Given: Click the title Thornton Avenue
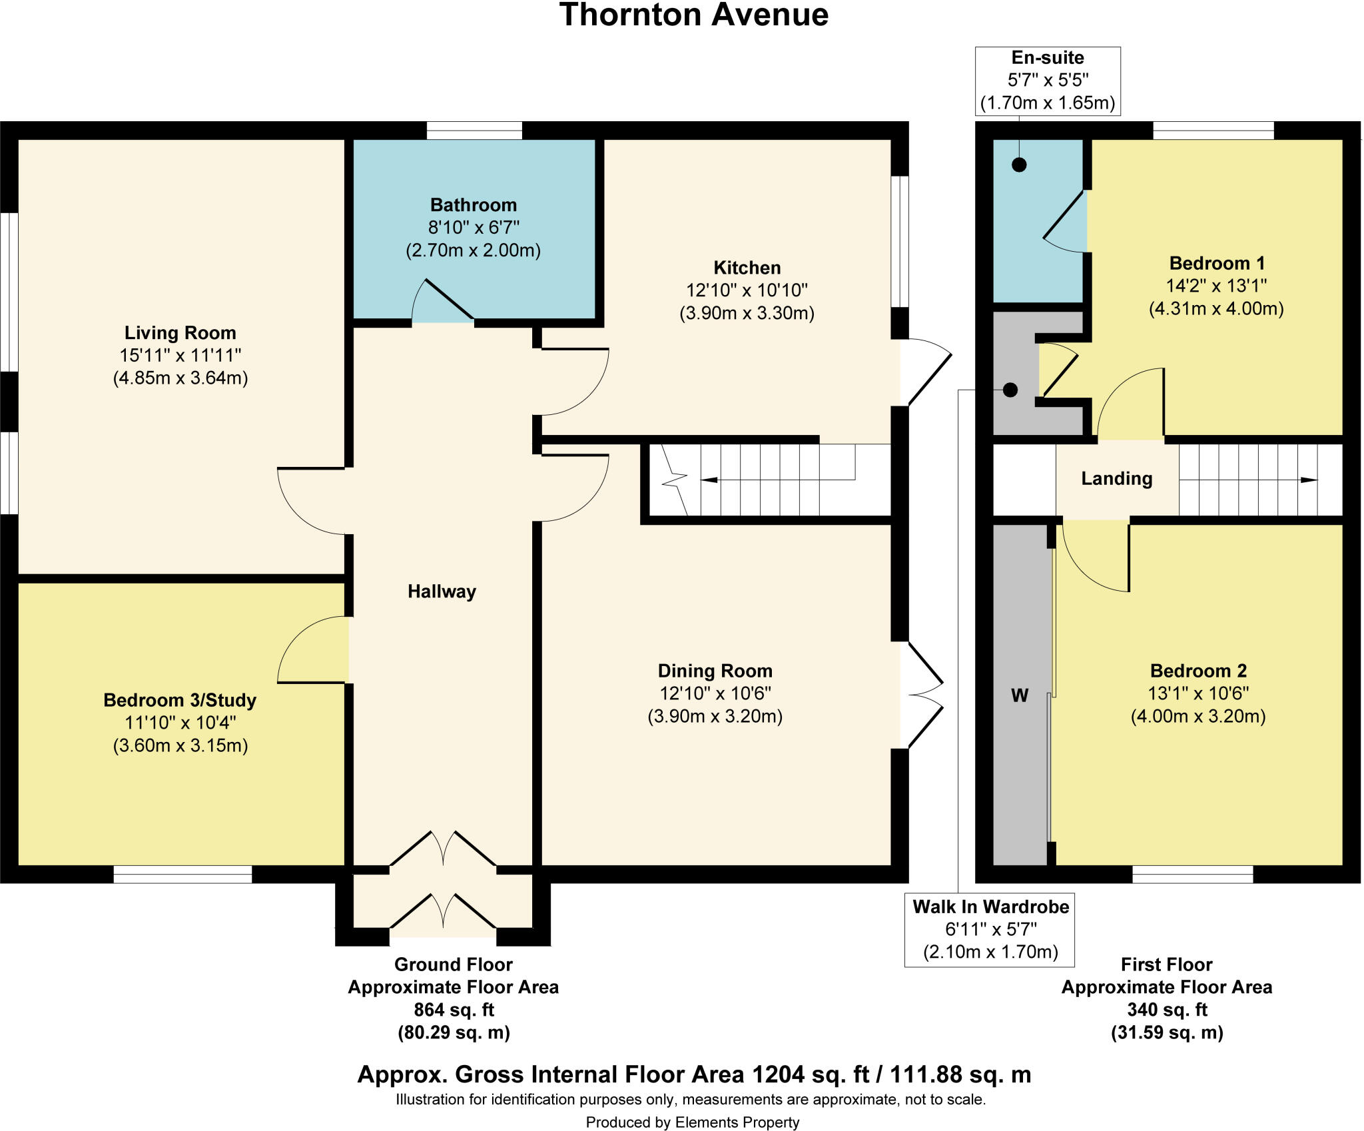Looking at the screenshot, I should [693, 15].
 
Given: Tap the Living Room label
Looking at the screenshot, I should [180, 332].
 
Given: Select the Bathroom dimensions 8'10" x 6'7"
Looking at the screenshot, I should [473, 228].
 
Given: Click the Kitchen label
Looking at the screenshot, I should [747, 268].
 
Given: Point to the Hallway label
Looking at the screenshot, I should [442, 591].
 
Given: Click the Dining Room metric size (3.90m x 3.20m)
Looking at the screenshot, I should [715, 716].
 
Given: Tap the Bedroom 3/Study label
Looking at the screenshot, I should [180, 700].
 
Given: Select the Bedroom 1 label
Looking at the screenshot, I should [1217, 263].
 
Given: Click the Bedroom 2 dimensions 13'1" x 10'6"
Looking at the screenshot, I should [1197, 693].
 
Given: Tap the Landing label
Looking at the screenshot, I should [1116, 478].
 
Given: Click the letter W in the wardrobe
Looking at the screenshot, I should [1020, 695].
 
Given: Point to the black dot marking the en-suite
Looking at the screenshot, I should [1018, 165].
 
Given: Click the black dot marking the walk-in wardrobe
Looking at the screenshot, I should [1010, 390].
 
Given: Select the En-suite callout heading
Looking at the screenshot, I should [1047, 58].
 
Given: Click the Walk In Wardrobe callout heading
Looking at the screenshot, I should [990, 907].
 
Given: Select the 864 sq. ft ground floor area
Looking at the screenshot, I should [454, 1010].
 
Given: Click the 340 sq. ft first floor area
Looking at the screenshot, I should [1166, 1010].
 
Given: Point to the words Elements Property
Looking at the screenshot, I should [737, 1122].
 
